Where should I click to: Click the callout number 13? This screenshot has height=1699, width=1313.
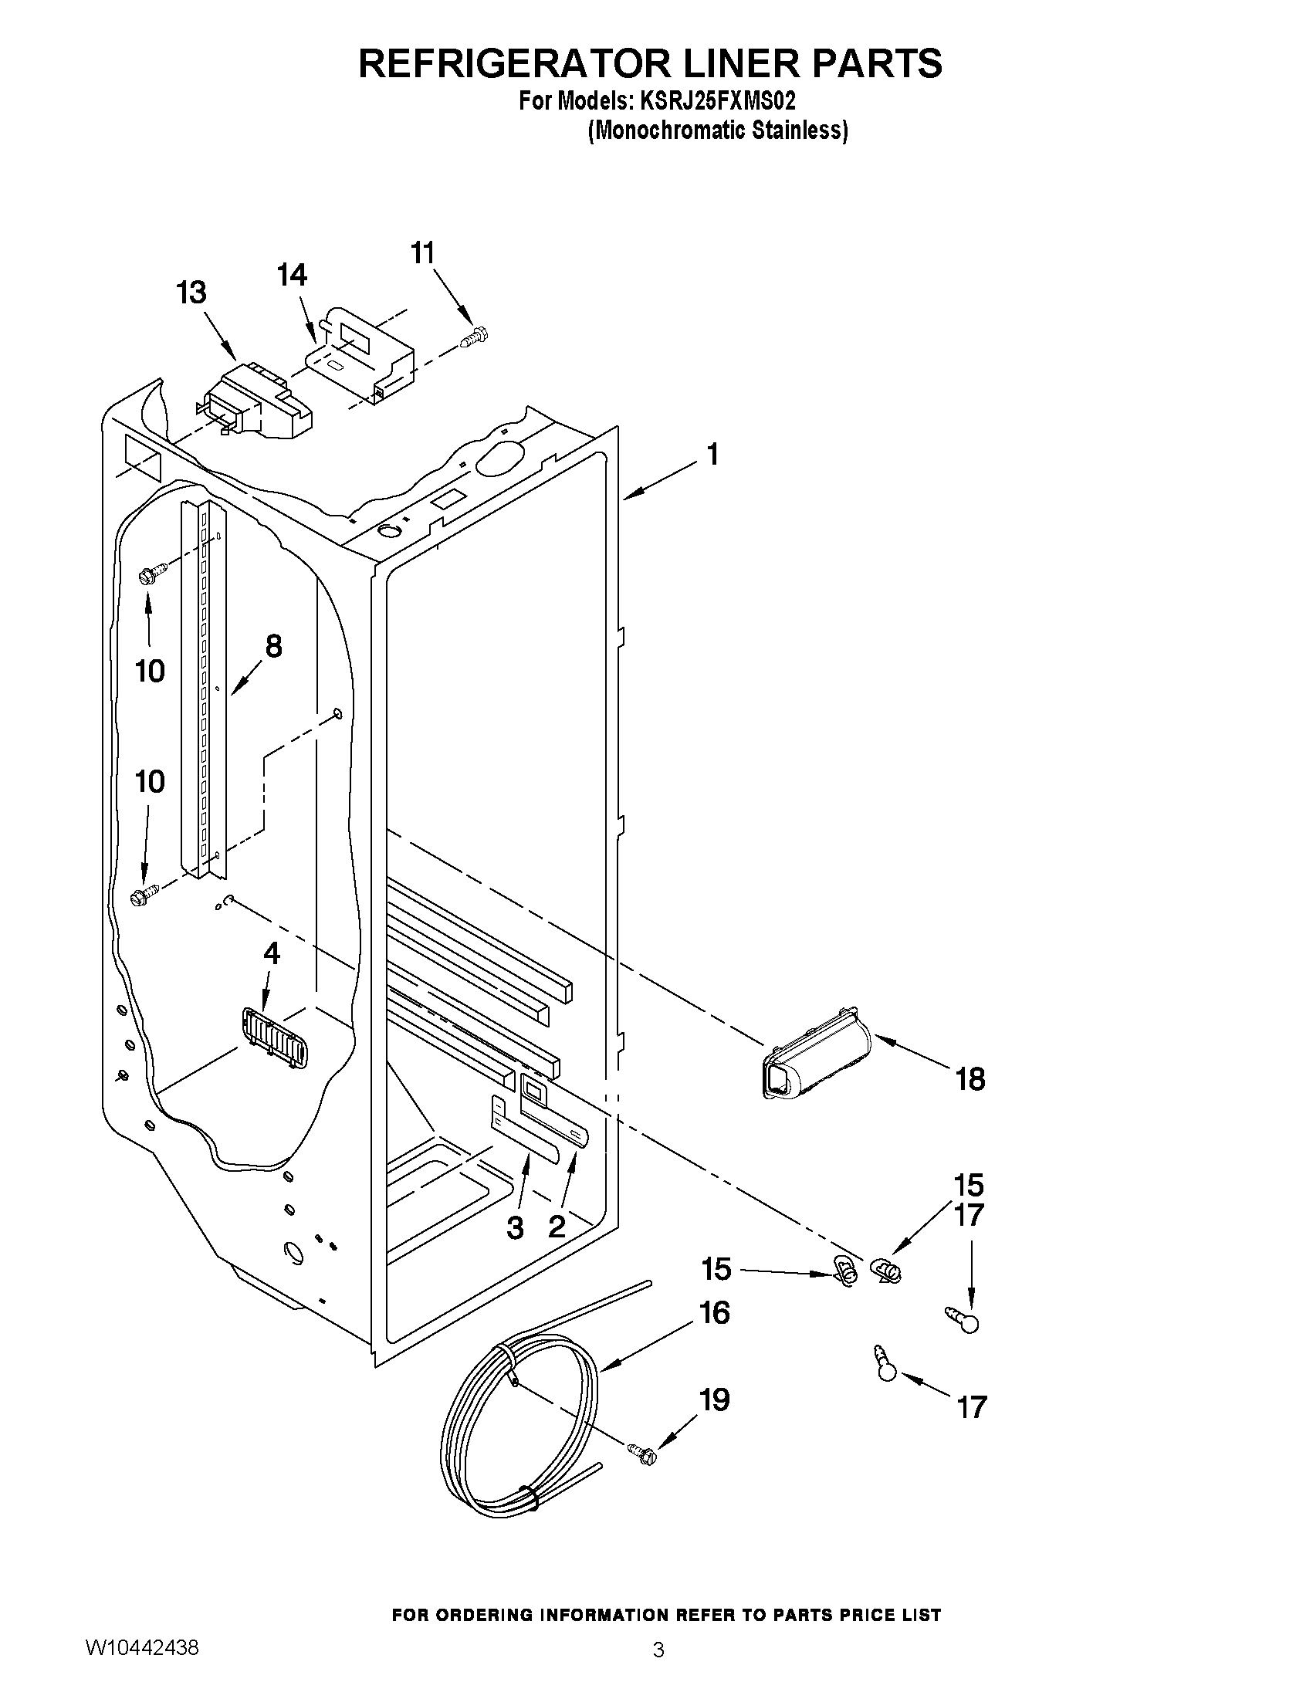191,293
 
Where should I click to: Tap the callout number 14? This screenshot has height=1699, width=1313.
293,276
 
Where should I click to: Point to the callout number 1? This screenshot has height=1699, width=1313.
712,454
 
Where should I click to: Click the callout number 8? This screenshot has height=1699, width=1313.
273,645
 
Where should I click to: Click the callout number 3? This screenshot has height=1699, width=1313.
515,1228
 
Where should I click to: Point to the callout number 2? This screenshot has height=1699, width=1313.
557,1227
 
